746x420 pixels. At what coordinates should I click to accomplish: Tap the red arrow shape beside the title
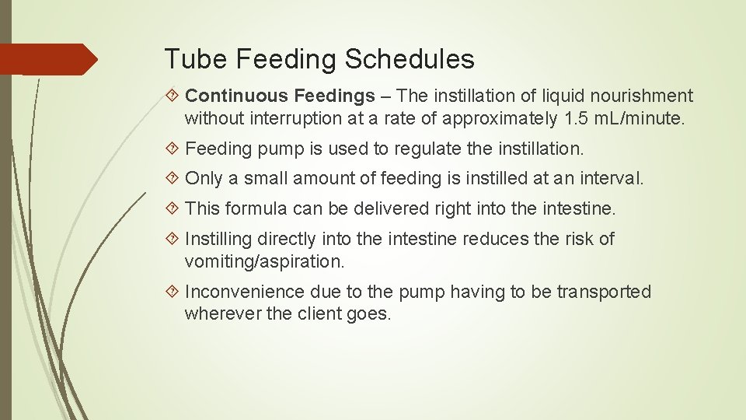pyautogui.click(x=49, y=59)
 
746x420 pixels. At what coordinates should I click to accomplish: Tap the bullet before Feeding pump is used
pyautogui.click(x=173, y=148)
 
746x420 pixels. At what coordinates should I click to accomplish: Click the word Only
pyautogui.click(x=204, y=178)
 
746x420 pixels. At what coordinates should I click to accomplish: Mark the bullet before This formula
pyautogui.click(x=173, y=208)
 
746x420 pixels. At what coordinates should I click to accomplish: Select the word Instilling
pyautogui.click(x=218, y=239)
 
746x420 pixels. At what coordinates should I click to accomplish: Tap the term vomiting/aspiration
pyautogui.click(x=264, y=261)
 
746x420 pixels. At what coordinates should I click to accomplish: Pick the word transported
pyautogui.click(x=605, y=292)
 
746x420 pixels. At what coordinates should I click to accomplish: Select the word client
pyautogui.click(x=298, y=314)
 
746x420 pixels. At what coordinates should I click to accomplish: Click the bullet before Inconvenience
pyautogui.click(x=173, y=292)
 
